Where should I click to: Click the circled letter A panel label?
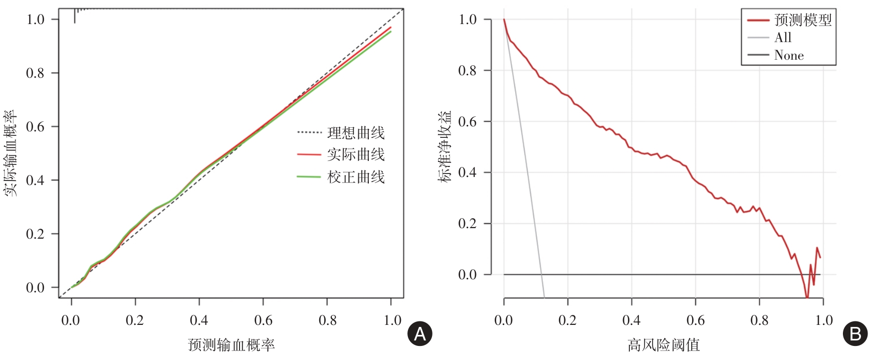420,334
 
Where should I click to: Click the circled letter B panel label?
855,334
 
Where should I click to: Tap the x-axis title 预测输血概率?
231,345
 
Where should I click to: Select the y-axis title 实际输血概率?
11,153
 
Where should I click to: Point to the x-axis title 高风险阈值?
664,345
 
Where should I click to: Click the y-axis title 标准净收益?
445,147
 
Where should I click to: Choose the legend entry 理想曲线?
356,133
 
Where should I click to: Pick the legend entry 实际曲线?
356,154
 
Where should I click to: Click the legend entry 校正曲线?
356,177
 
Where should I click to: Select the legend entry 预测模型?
803,20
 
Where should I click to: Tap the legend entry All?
783,38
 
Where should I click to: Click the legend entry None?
789,55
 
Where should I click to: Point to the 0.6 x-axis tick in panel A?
263,320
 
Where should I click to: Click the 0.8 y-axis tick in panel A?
35,73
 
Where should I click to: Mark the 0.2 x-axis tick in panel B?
567,320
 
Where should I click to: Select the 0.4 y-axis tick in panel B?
467,172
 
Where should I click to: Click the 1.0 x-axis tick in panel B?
823,320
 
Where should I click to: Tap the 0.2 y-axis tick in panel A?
35,234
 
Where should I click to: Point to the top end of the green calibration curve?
391,32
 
